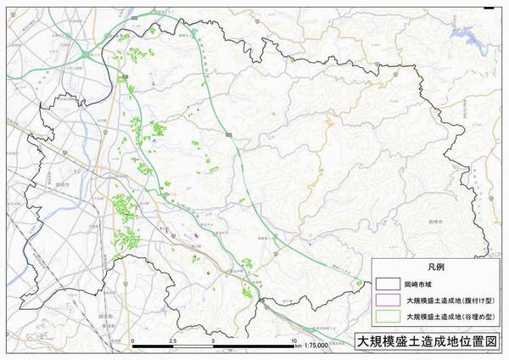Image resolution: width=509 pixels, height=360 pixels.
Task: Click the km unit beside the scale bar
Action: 298,347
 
